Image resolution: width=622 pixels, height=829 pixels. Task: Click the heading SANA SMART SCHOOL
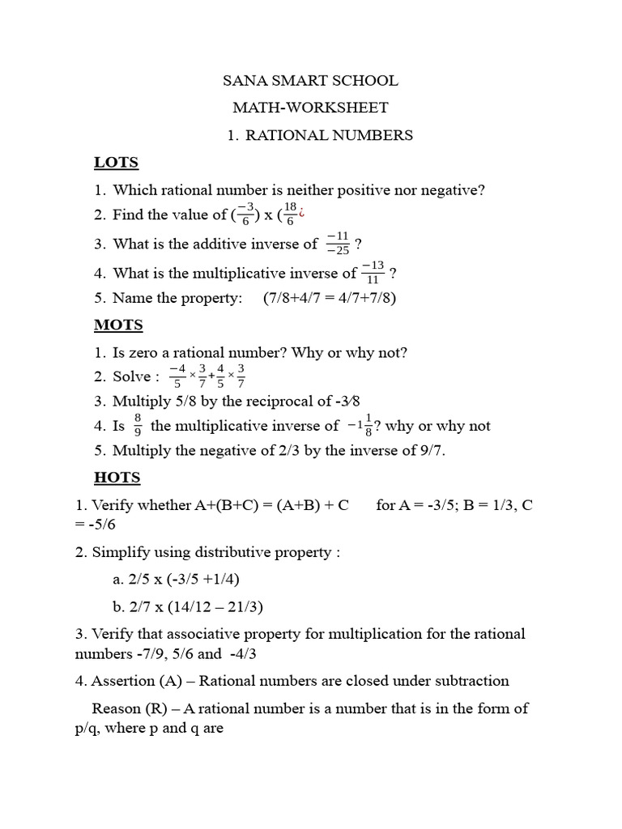[310, 81]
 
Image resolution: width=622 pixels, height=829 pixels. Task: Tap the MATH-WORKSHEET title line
[310, 108]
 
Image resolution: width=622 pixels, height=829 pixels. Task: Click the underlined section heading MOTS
[118, 325]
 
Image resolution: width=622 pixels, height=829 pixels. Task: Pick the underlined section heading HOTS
[117, 477]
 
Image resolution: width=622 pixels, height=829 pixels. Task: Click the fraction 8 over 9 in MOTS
[138, 426]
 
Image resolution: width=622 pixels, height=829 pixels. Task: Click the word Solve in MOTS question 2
[131, 376]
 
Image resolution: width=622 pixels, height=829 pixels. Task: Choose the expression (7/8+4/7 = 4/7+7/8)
[330, 298]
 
